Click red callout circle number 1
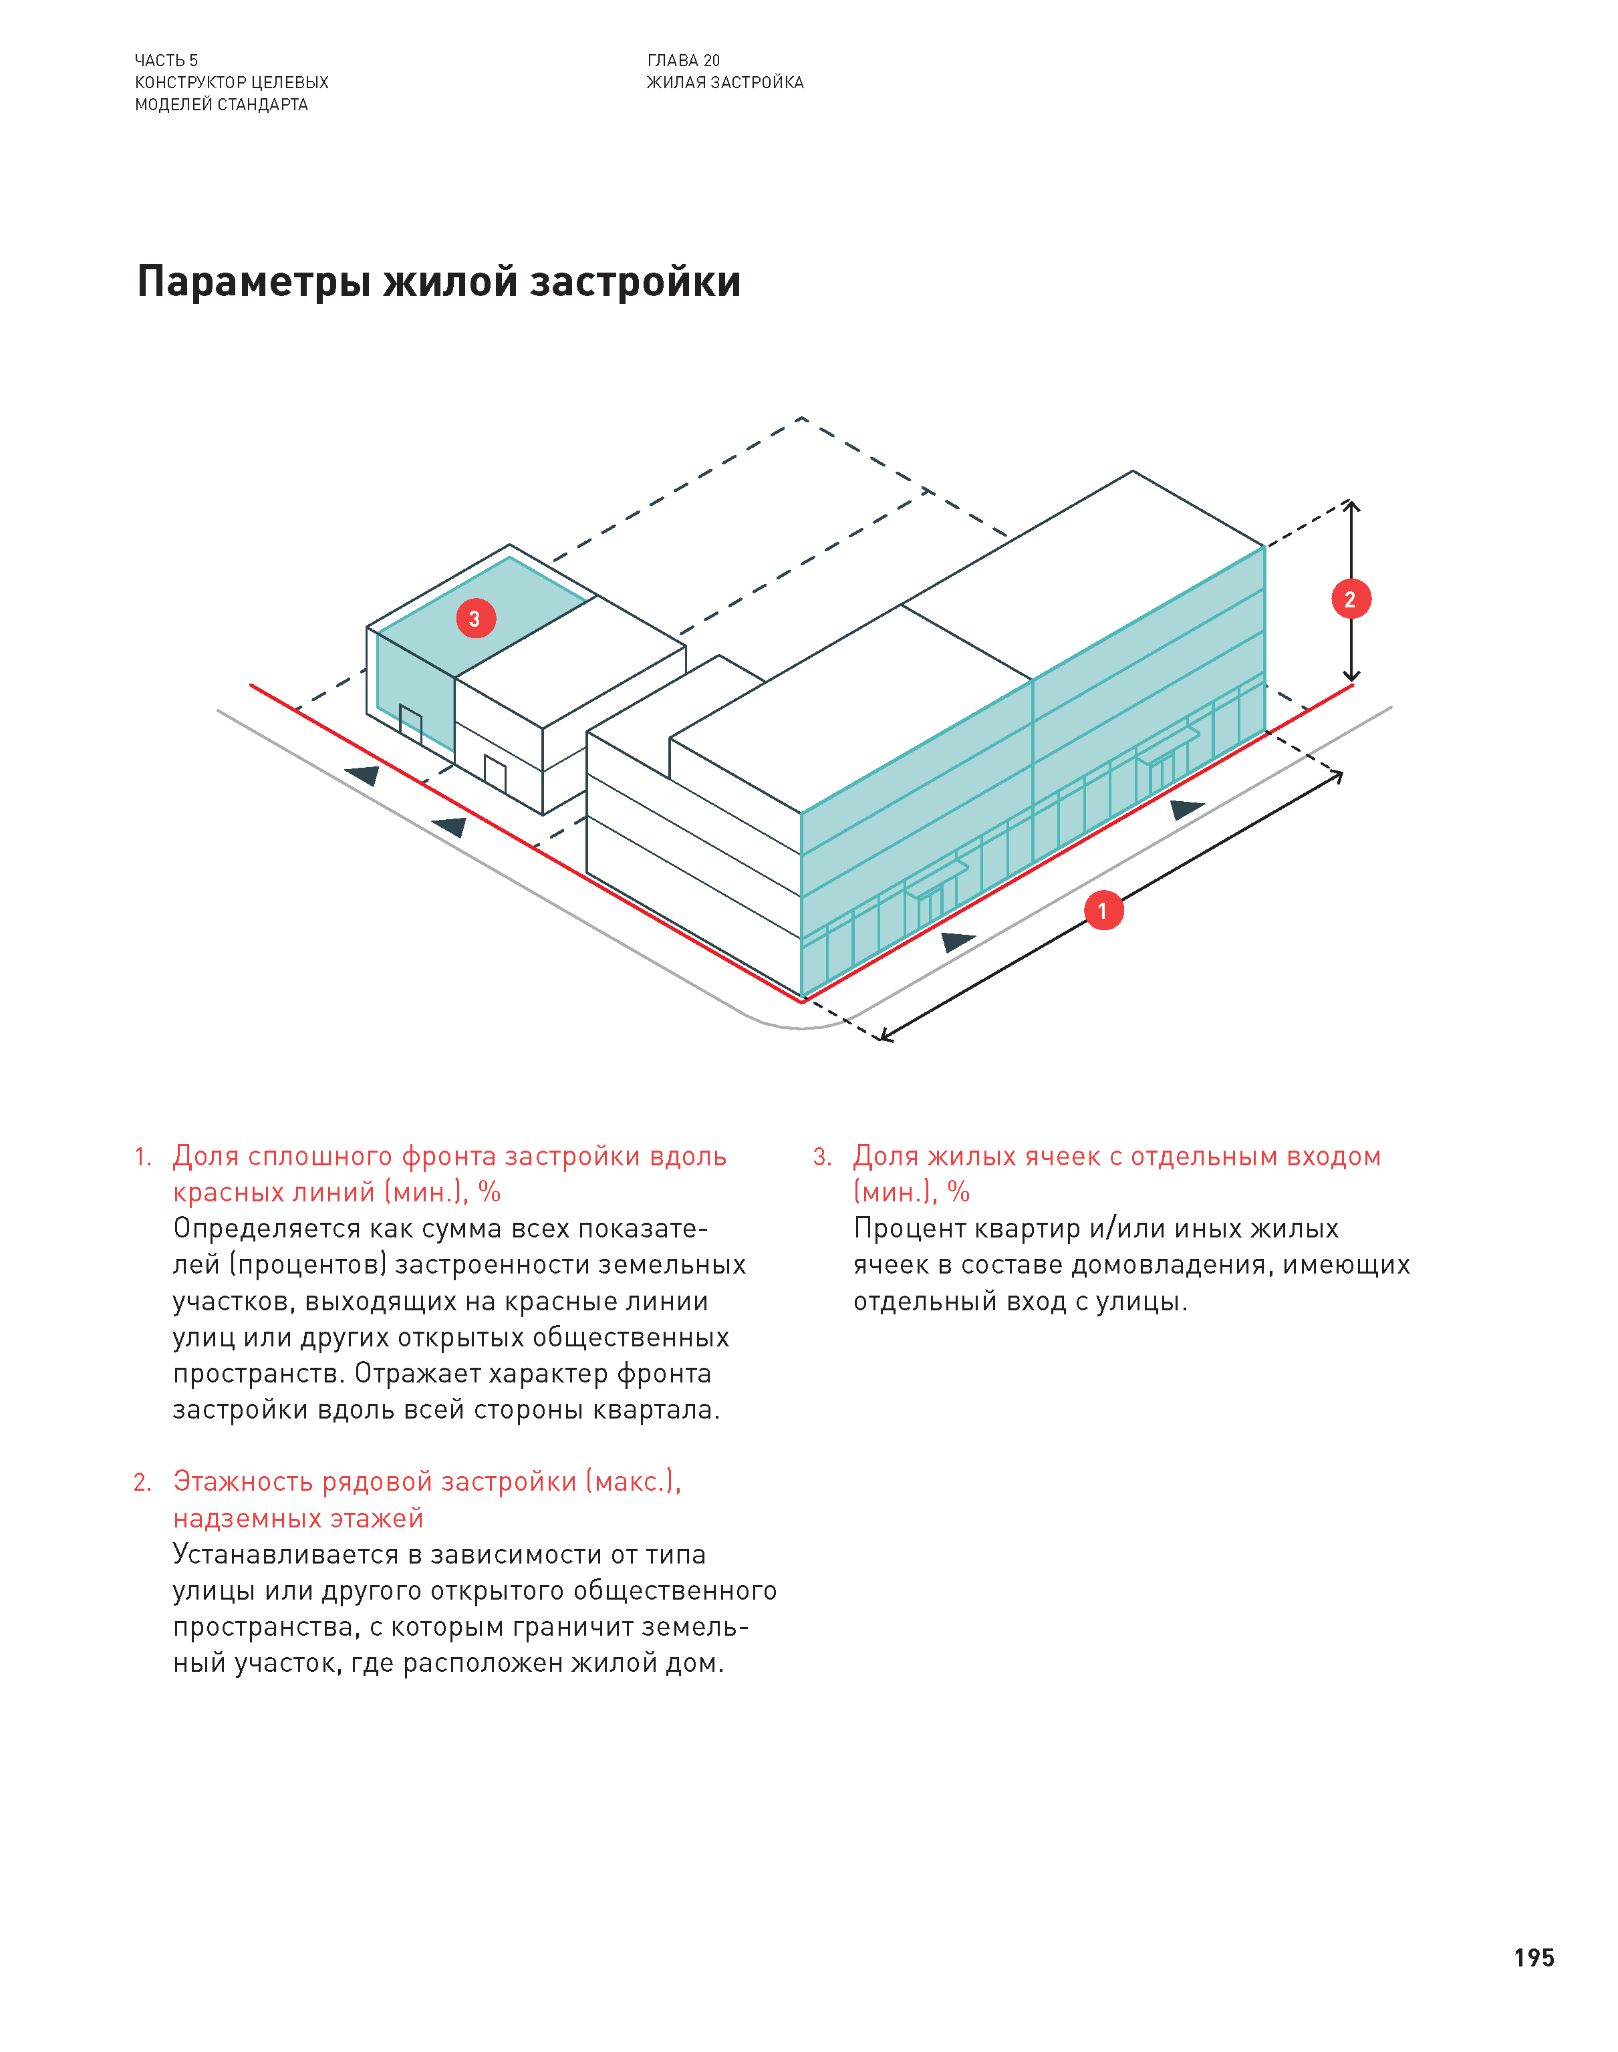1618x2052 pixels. click(x=1103, y=911)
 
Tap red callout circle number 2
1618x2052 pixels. click(x=1351, y=599)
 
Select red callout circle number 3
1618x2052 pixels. click(x=476, y=618)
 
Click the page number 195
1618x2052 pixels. click(x=1534, y=1958)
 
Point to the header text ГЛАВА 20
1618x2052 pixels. click(x=683, y=61)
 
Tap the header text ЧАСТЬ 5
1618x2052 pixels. click(x=166, y=61)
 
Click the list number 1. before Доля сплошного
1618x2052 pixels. click(x=143, y=1157)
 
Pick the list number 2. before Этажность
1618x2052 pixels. click(x=143, y=1483)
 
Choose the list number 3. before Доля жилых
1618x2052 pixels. click(x=822, y=1157)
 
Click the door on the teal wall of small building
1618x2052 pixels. click(x=410, y=724)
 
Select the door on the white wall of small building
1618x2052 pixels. click(x=495, y=774)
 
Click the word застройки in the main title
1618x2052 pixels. click(x=635, y=282)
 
